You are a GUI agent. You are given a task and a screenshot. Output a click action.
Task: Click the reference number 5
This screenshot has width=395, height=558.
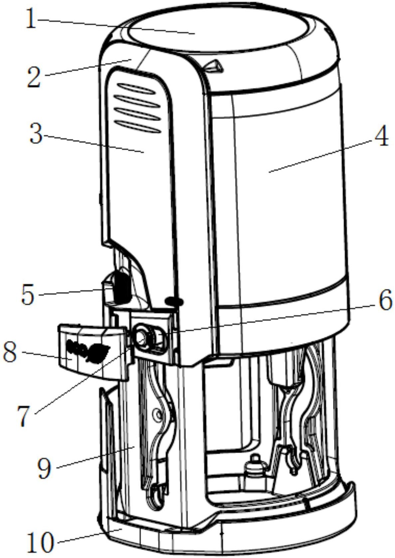(28, 295)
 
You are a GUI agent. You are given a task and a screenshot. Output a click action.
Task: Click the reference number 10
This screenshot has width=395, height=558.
(40, 542)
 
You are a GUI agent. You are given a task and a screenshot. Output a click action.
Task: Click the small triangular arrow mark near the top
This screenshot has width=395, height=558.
(213, 65)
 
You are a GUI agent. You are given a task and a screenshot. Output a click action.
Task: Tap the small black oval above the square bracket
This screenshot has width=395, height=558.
(174, 301)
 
